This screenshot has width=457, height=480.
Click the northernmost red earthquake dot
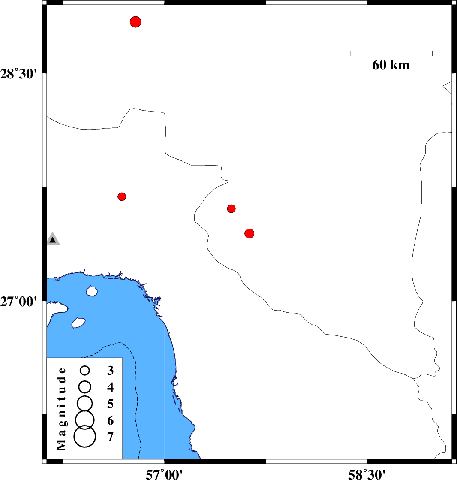135,22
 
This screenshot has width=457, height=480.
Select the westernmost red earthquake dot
122,196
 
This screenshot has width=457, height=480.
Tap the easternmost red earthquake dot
250,234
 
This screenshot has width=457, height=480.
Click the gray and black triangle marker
53,239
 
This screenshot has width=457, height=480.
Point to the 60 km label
391,65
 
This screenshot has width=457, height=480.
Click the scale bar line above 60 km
391,51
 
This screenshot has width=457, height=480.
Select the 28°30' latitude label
18,74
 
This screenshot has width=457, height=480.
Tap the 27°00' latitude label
18,302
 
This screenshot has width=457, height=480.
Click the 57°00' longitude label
164,474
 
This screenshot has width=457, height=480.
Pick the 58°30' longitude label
367,474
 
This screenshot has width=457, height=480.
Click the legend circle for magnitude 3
85,371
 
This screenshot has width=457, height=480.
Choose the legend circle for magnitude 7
85,437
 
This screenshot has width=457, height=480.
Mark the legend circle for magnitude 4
85,387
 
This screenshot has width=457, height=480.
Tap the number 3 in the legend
111,371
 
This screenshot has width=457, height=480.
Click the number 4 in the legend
111,387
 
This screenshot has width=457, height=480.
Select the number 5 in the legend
111,404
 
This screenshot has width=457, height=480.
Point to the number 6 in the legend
111,421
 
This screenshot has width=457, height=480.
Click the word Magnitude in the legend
61,409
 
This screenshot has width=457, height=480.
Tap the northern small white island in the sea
92,291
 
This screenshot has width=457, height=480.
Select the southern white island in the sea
78,323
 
